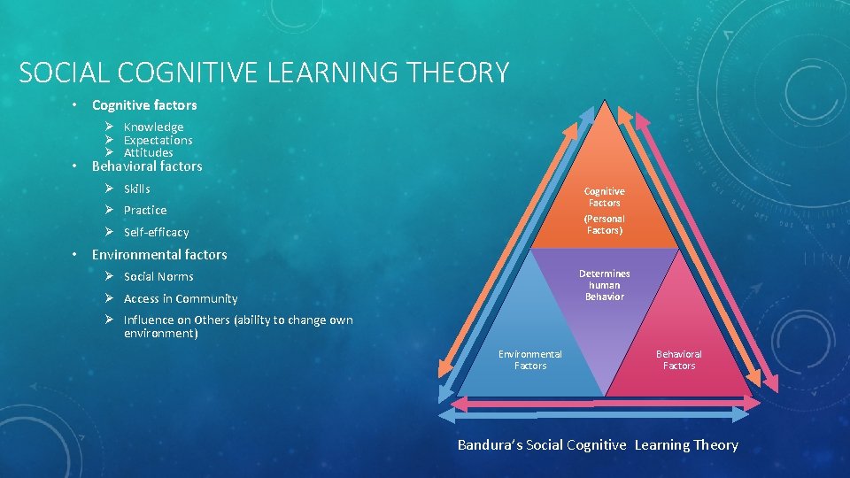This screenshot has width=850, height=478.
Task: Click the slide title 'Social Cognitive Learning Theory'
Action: coord(264,72)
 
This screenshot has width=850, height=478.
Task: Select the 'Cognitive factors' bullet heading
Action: coord(144,105)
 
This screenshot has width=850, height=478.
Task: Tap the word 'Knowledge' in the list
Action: coord(153,127)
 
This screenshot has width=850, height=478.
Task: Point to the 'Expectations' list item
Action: coord(158,140)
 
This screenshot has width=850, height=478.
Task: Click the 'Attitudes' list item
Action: coord(148,152)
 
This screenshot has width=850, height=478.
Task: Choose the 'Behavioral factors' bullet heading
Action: coord(147,166)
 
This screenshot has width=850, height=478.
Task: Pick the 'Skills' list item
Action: coord(136,189)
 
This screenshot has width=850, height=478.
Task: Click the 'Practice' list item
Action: coord(144,210)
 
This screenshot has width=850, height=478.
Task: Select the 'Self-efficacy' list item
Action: coord(156,232)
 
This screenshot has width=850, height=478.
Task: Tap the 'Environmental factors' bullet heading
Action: coord(159,255)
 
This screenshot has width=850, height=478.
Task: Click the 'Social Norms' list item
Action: coord(158,276)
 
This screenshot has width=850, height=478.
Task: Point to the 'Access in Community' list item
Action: coord(181,298)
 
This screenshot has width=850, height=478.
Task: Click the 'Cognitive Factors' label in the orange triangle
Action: coord(604,197)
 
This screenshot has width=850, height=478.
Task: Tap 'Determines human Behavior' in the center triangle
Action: coord(604,285)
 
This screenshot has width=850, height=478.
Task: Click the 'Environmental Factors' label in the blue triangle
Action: coord(529,359)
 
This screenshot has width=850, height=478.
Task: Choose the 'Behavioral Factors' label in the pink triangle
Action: coord(678,359)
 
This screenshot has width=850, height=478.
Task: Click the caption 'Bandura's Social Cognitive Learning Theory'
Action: coord(598,445)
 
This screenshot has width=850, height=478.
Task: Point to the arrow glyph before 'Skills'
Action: coord(107,189)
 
